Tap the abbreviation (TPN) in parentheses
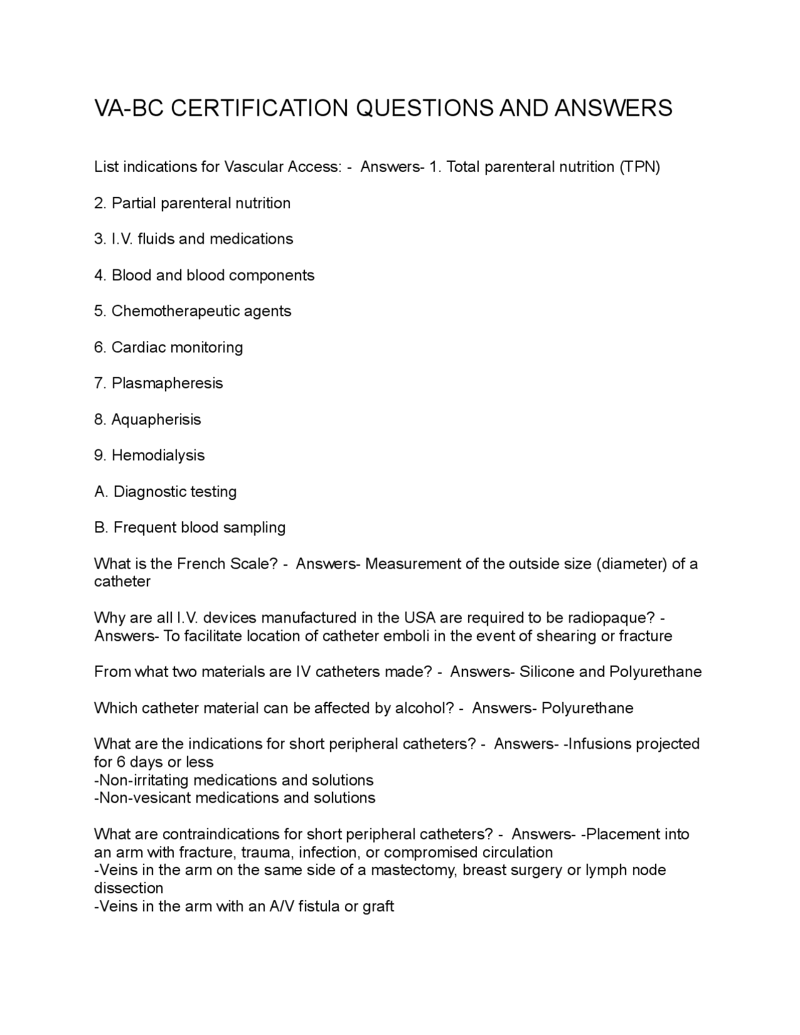pos(639,167)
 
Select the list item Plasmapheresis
pos(167,383)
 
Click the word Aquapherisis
pos(156,419)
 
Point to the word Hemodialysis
pos(158,455)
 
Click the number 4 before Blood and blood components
pos(99,275)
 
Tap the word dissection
pos(128,888)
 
